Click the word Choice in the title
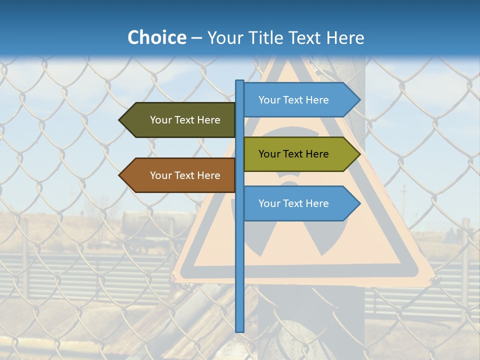156,37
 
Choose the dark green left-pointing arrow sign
180,120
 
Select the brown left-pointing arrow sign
180,175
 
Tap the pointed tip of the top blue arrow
359,100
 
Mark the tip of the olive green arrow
359,154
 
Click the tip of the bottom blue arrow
359,203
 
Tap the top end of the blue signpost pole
240,81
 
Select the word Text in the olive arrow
293,154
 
